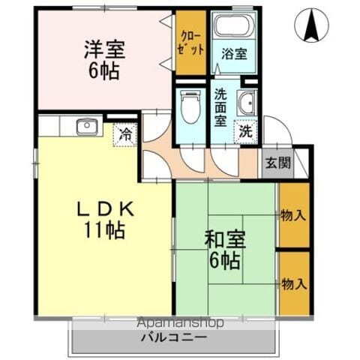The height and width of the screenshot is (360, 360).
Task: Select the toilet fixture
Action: (191, 106)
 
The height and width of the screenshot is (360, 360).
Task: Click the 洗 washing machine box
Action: (244, 129)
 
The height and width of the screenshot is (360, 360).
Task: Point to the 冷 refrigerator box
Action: (125, 135)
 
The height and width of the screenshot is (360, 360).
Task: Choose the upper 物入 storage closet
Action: (293, 216)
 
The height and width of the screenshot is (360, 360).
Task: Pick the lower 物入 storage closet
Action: (293, 283)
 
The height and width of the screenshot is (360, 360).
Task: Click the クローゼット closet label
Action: (190, 41)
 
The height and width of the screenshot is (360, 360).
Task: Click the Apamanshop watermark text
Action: (180, 324)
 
